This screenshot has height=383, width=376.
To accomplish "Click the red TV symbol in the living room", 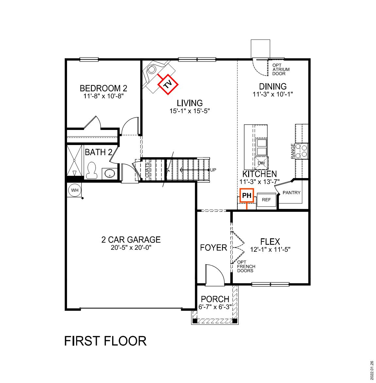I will click(167, 85).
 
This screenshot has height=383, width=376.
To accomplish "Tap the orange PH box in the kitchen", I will click(247, 196).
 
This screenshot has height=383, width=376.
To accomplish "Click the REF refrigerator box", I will click(266, 200).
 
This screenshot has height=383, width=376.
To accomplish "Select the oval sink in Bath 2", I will click(109, 173).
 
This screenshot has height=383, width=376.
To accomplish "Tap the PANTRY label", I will click(291, 192).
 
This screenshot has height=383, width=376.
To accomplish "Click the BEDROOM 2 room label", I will click(103, 88).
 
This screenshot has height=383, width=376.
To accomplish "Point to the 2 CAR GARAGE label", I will click(131, 240).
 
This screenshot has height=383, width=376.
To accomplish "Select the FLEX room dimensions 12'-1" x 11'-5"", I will click(270, 249).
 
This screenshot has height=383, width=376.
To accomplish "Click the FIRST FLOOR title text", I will click(105, 341).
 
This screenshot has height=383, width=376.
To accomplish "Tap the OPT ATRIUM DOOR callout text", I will click(281, 69).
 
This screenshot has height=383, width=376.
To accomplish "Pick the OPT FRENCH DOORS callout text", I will click(246, 266).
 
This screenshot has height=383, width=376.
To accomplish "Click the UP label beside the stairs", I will click(213, 170).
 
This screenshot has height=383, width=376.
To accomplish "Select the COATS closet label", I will click(147, 170).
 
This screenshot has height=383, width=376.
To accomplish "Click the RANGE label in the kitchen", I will click(293, 151).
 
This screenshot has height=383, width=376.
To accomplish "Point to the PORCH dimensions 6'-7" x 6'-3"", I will click(215, 307).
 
